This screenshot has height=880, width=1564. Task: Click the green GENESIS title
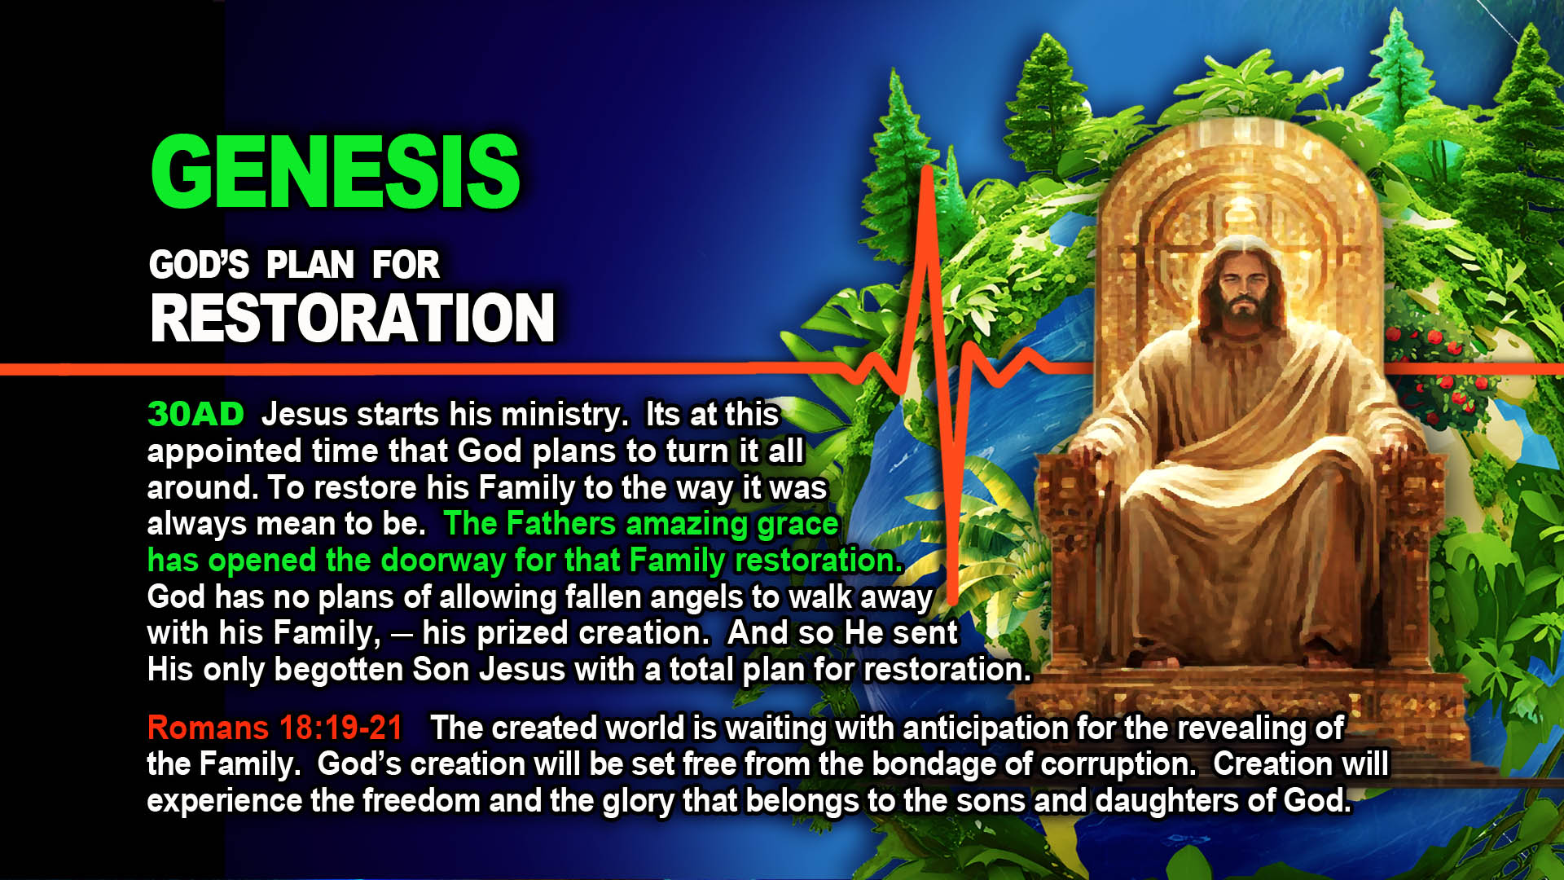click(x=336, y=171)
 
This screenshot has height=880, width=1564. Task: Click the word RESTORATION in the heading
click(x=353, y=318)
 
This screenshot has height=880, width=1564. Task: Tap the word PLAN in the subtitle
click(x=310, y=265)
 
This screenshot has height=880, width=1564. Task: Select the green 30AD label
click(x=195, y=414)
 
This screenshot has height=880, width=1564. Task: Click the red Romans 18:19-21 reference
click(x=275, y=728)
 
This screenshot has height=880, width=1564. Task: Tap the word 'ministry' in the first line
click(x=564, y=416)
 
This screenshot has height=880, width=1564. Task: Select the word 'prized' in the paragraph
click(x=522, y=634)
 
